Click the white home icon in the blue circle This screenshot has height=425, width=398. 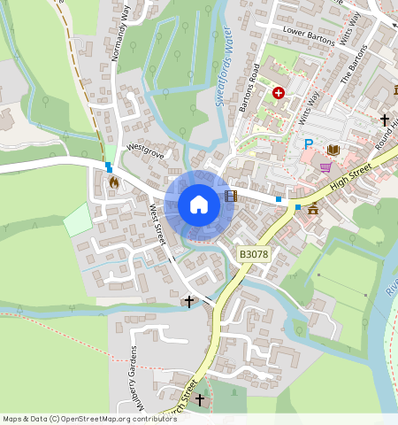point(199,205)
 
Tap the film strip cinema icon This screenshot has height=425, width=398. point(230,196)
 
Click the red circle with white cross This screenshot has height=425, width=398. point(279,92)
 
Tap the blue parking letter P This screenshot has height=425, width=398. point(308,144)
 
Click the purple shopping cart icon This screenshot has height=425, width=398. point(325,166)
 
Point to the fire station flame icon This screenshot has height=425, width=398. point(113,182)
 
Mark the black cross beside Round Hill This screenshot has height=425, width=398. point(385,120)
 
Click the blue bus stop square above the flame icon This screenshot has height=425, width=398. point(109,166)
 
